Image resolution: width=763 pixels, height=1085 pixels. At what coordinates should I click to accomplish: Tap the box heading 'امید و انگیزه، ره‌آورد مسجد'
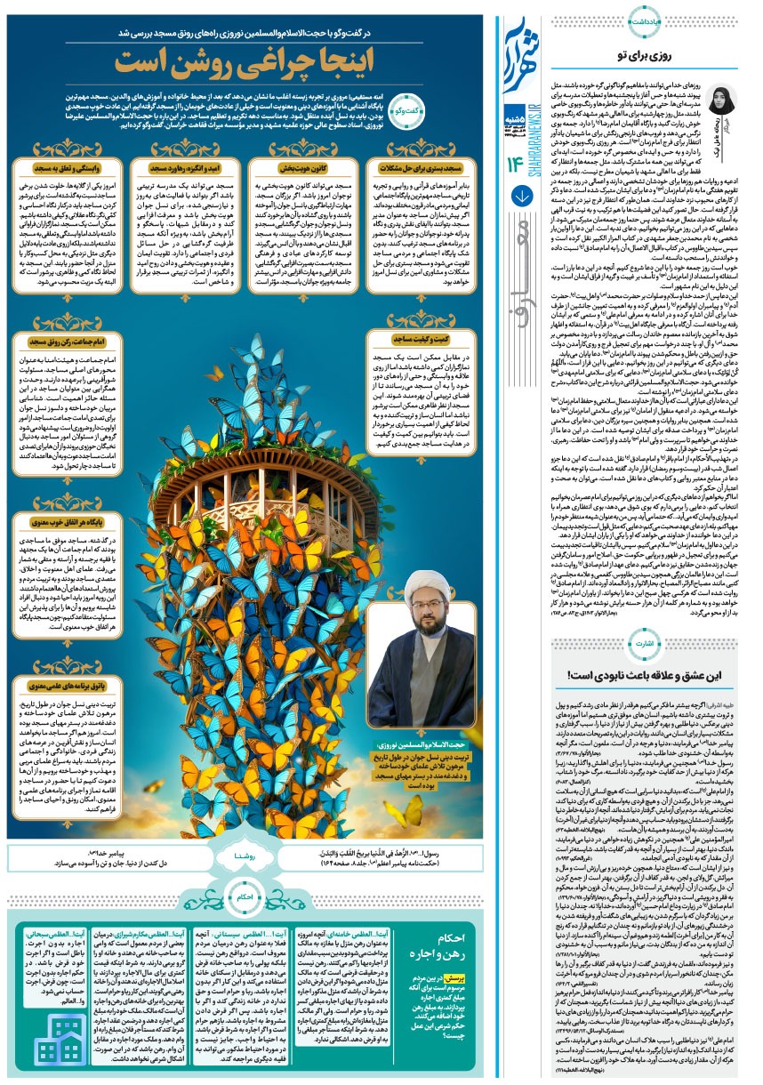click(x=190, y=166)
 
